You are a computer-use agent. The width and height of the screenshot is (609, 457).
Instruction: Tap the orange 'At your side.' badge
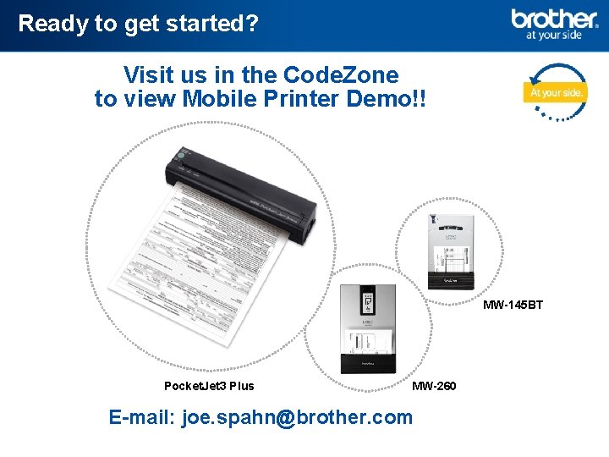click(555, 91)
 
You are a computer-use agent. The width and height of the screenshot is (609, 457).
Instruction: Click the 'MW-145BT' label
click(513, 305)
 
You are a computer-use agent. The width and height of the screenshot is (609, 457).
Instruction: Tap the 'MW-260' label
click(433, 386)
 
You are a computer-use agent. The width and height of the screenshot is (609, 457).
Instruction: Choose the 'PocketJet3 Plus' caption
click(209, 386)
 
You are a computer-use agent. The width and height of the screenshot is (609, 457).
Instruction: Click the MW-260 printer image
click(367, 328)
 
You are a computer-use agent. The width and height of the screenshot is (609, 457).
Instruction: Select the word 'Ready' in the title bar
click(52, 23)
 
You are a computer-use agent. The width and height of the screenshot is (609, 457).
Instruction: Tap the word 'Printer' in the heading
click(302, 99)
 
